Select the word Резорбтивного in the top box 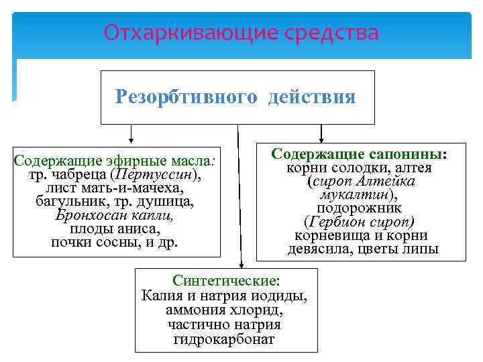pyautogui.click(x=186, y=98)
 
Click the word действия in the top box pyautogui.click(x=312, y=98)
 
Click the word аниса pyautogui.click(x=142, y=229)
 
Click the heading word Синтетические pyautogui.click(x=225, y=280)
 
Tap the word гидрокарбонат pyautogui.click(x=224, y=339)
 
